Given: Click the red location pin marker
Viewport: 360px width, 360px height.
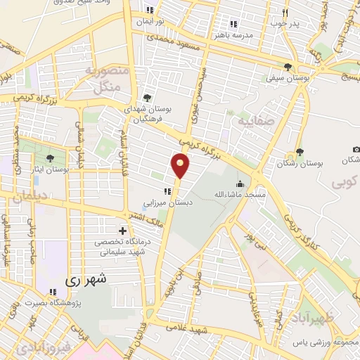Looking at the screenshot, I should (181, 165).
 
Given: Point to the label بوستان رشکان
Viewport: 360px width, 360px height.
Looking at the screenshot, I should (319, 162).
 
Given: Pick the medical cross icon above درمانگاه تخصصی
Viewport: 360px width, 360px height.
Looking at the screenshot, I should (123, 231).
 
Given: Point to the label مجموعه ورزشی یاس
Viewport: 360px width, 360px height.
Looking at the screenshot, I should (327, 342).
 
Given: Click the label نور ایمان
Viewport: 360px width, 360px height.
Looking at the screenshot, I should (149, 21).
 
